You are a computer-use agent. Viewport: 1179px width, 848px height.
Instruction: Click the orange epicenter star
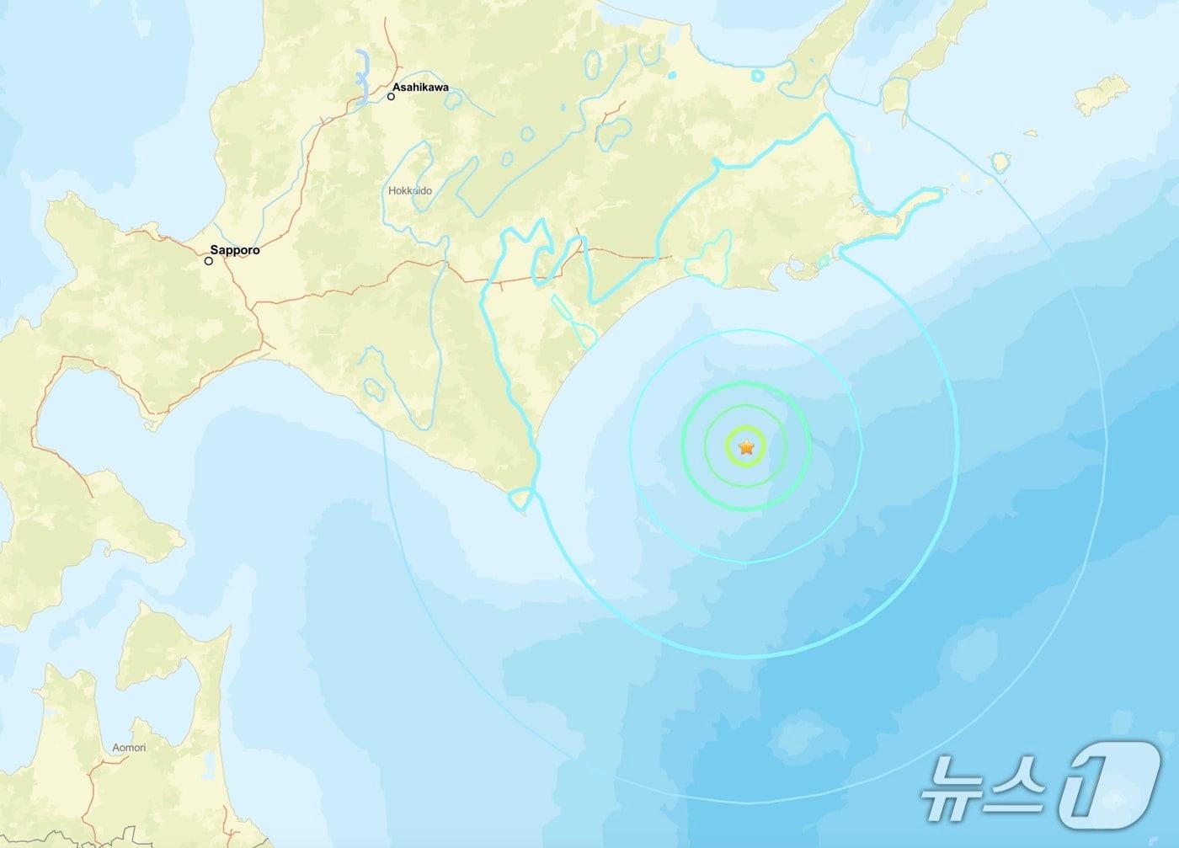pyautogui.click(x=746, y=447)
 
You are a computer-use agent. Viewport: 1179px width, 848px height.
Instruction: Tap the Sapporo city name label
pyautogui.click(x=235, y=250)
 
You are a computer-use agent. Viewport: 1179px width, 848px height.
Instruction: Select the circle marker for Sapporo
pyautogui.click(x=209, y=261)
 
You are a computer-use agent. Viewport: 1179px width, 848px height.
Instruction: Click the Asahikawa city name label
pyautogui.click(x=421, y=87)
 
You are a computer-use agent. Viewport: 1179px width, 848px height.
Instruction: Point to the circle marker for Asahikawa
pyautogui.click(x=392, y=97)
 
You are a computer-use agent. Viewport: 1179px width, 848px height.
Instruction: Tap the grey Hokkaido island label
pyautogui.click(x=410, y=191)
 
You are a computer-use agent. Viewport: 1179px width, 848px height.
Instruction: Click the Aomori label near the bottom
pyautogui.click(x=129, y=747)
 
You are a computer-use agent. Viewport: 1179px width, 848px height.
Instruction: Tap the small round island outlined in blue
pyautogui.click(x=1000, y=163)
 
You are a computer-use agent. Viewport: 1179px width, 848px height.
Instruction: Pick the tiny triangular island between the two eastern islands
pyautogui.click(x=1030, y=133)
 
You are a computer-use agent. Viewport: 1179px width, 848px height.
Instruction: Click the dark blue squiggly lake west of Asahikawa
pyautogui.click(x=364, y=76)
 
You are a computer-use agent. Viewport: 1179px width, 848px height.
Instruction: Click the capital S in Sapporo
pyautogui.click(x=214, y=250)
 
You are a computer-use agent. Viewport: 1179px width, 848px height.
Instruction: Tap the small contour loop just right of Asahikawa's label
pyautogui.click(x=455, y=99)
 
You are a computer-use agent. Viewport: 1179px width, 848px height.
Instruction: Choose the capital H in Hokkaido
pyautogui.click(x=392, y=191)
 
